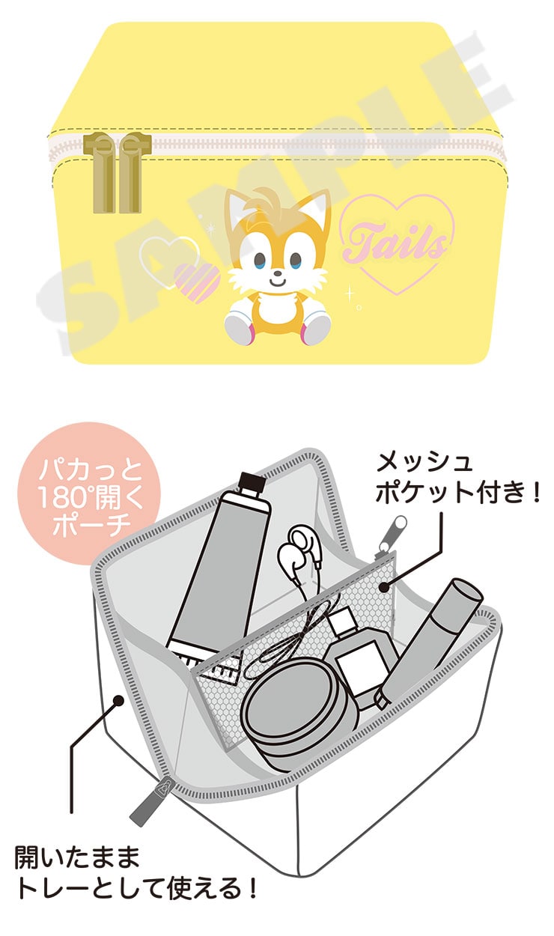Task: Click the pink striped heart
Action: click(x=196, y=282)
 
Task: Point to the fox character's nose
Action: click(x=276, y=274)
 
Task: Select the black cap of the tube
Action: click(x=252, y=484)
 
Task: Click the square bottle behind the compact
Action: click(x=359, y=660)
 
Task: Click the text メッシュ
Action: click(x=424, y=462)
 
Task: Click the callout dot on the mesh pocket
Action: click(x=384, y=588)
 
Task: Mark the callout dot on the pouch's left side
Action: click(x=118, y=700)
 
